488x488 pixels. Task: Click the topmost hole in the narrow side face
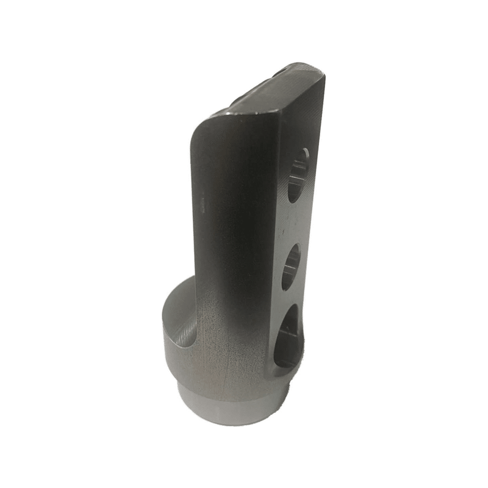tap(297, 175)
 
